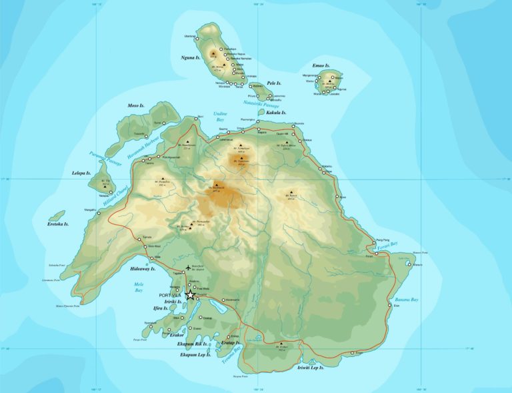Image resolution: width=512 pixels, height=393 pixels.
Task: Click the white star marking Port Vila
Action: [x=190, y=294]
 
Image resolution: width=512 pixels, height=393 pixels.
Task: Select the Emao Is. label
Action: [x=321, y=65]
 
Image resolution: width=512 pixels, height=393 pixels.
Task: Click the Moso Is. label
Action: [x=137, y=105]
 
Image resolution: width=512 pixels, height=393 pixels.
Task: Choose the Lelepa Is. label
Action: [x=81, y=173]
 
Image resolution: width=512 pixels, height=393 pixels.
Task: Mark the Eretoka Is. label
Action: [x=59, y=225]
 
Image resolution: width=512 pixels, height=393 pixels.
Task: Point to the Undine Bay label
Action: [x=221, y=116]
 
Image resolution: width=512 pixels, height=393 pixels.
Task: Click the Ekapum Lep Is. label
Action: [x=195, y=355]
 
